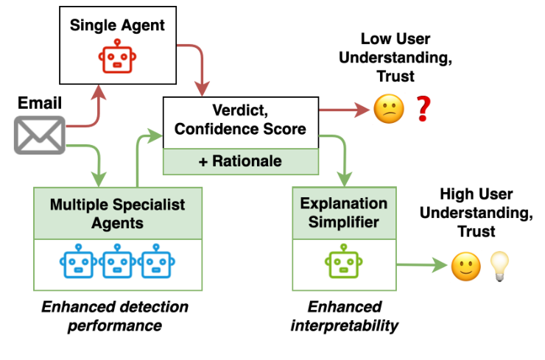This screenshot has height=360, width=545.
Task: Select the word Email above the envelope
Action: click(x=38, y=104)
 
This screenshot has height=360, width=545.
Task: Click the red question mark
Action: click(x=422, y=110)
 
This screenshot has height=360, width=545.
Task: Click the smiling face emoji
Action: click(x=464, y=266)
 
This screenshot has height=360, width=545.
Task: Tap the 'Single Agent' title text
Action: click(x=118, y=25)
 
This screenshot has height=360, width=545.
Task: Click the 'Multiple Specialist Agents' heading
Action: click(x=117, y=213)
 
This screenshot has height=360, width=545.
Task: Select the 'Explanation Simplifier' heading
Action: click(x=344, y=212)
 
